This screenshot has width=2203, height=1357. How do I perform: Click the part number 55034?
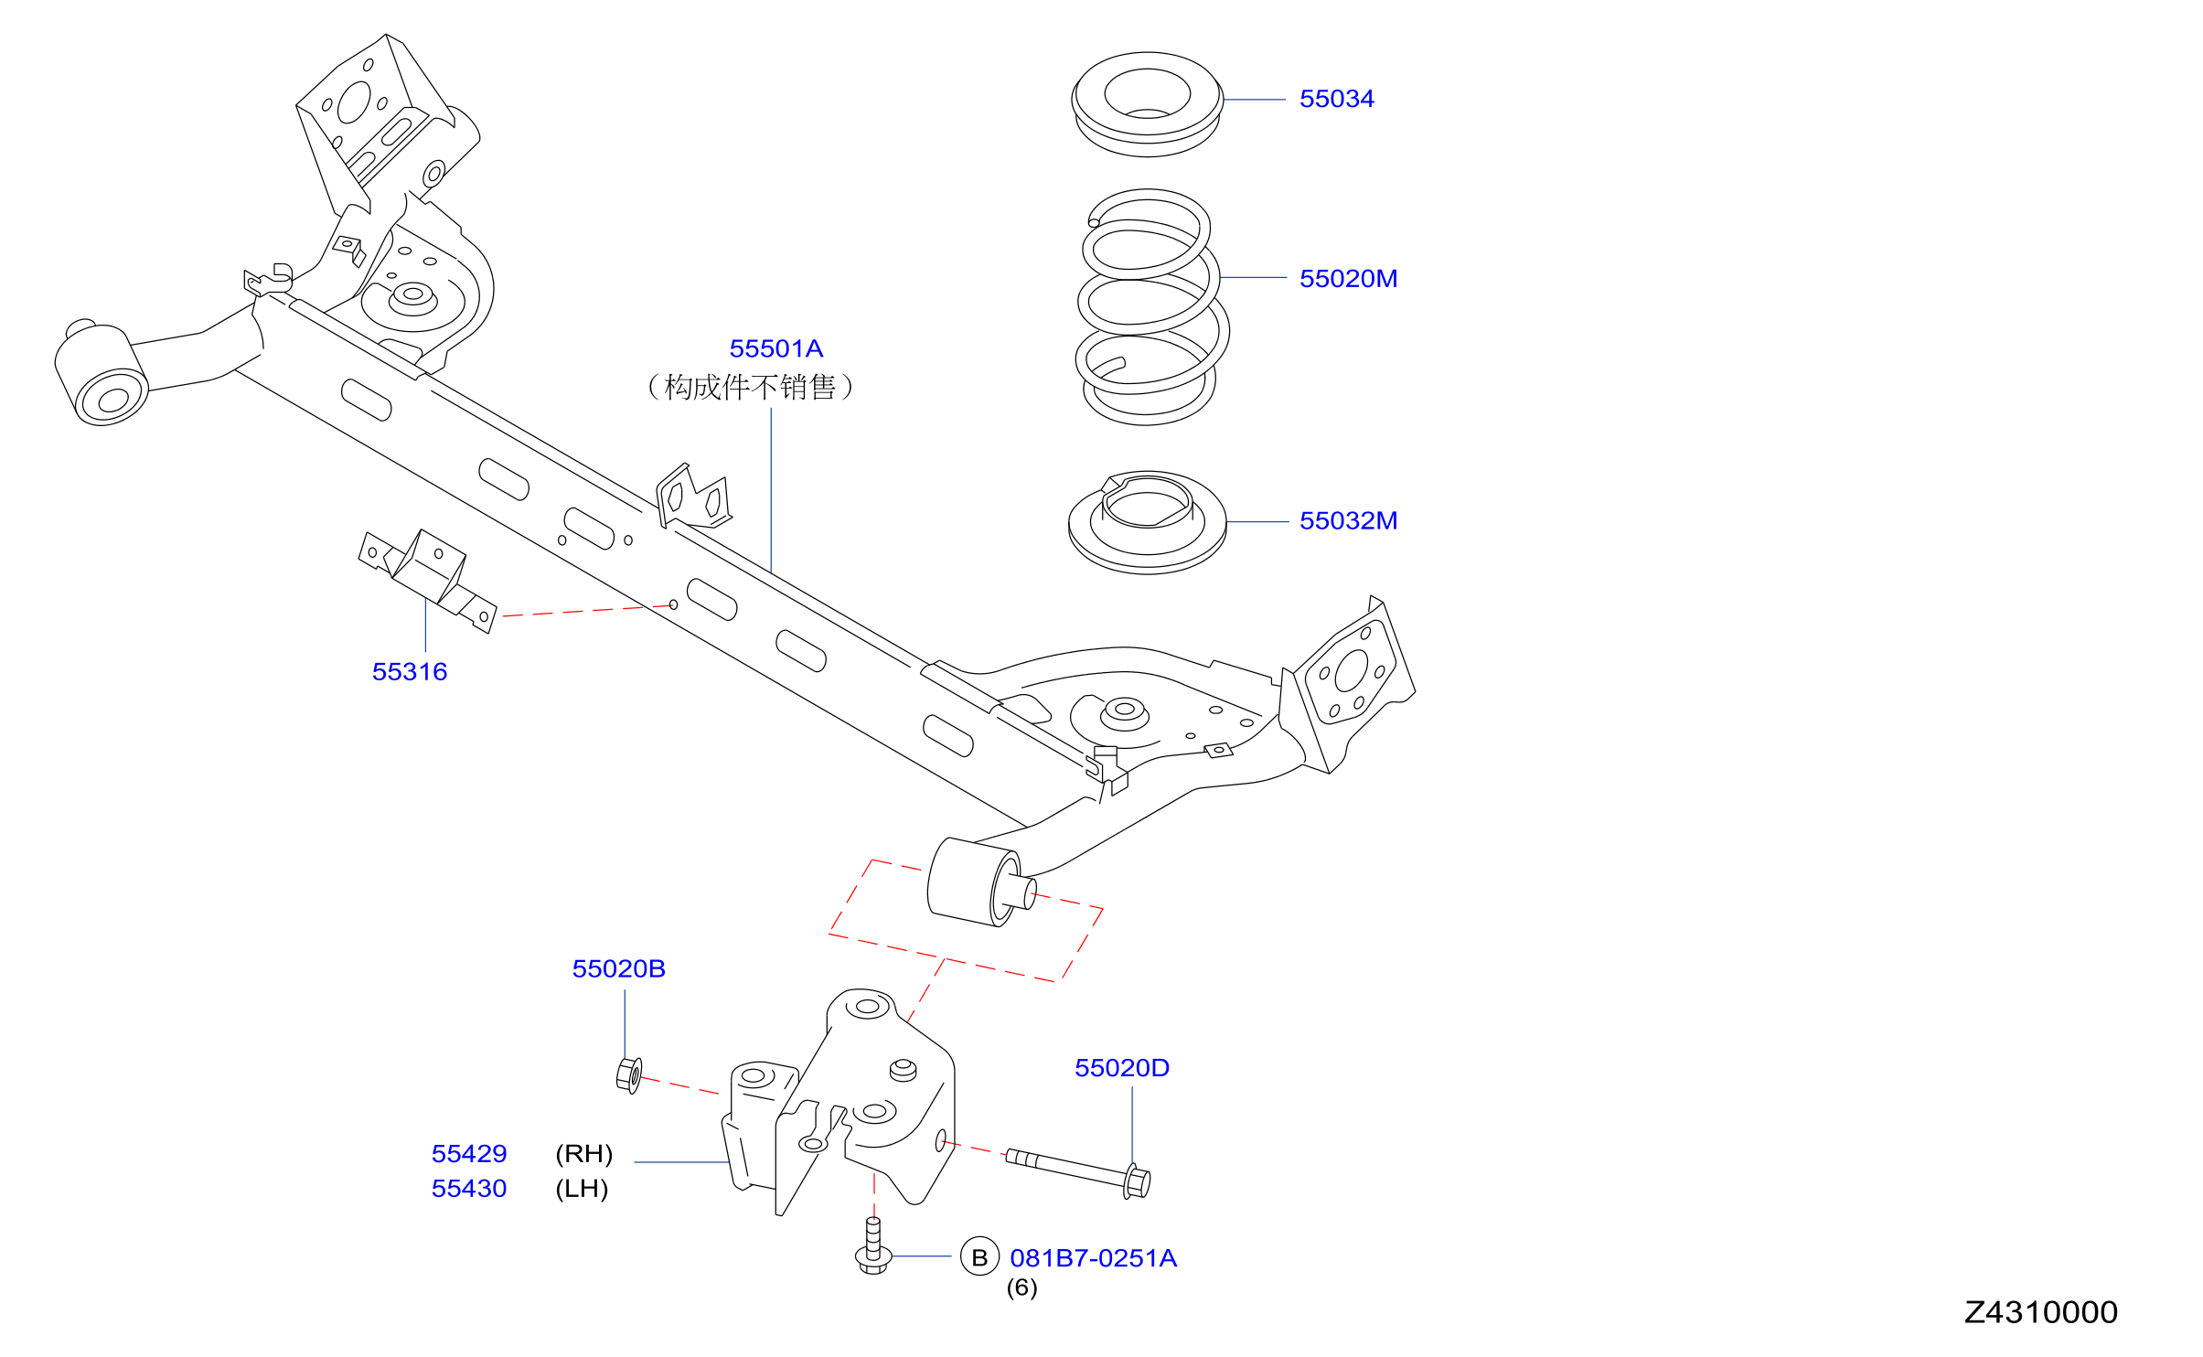tap(1336, 99)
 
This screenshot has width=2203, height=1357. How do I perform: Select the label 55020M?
tap(1348, 279)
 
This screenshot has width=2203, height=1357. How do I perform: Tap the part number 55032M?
tap(1348, 521)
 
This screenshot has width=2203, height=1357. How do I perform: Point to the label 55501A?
tap(775, 349)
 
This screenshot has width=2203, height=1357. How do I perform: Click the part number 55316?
tap(410, 672)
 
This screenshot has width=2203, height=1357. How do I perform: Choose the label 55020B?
tap(618, 969)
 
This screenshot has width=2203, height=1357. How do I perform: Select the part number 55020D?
tap(1122, 1068)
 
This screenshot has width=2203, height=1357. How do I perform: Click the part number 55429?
tap(469, 1154)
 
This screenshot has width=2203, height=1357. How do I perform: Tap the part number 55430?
tap(469, 1189)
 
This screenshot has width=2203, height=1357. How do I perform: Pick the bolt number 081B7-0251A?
tap(1093, 1259)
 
